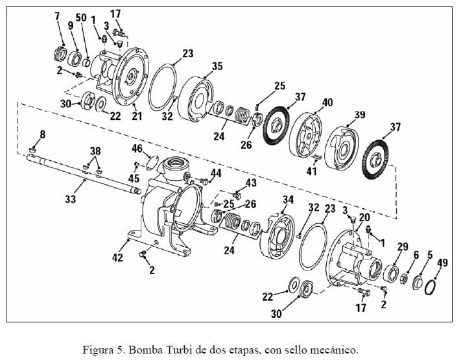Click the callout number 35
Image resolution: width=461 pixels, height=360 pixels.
click(217, 66)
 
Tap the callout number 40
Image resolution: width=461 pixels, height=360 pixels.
click(327, 102)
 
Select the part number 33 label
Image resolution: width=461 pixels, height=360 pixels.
click(70, 199)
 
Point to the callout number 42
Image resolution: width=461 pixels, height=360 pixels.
click(117, 258)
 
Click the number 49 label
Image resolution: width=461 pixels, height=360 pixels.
click(443, 262)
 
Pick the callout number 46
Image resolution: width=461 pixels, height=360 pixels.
click(137, 149)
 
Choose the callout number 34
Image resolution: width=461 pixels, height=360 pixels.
click(289, 199)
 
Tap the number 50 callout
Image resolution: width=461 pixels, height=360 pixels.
click(81, 18)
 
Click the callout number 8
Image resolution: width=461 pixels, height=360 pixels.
click(42, 134)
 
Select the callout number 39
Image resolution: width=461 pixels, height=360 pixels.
click(359, 115)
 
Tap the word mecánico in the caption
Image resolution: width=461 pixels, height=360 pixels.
click(333, 350)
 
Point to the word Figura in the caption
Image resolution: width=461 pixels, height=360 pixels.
click(98, 350)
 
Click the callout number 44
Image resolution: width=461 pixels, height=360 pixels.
click(216, 173)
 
